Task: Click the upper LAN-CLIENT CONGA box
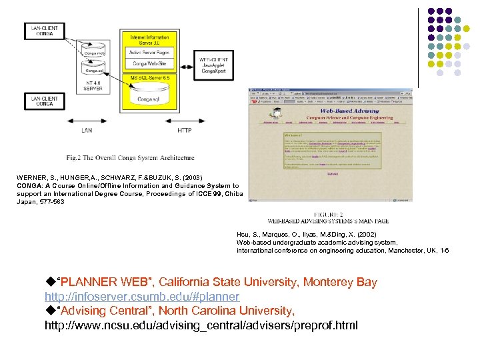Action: pyautogui.click(x=45, y=31)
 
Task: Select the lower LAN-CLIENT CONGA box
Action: pyautogui.click(x=45, y=101)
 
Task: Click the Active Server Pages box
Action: pyautogui.click(x=149, y=52)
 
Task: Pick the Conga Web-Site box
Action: pyautogui.click(x=149, y=64)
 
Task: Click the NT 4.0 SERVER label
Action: pyautogui.click(x=93, y=85)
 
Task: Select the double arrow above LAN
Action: pyautogui.click(x=87, y=120)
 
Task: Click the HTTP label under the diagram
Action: pyautogui.click(x=185, y=130)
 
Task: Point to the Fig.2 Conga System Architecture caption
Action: pyautogui.click(x=130, y=158)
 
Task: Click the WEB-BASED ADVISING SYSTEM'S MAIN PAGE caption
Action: pyautogui.click(x=328, y=218)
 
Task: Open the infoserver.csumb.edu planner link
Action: pyautogui.click(x=141, y=296)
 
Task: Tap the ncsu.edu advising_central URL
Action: pyautogui.click(x=201, y=325)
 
